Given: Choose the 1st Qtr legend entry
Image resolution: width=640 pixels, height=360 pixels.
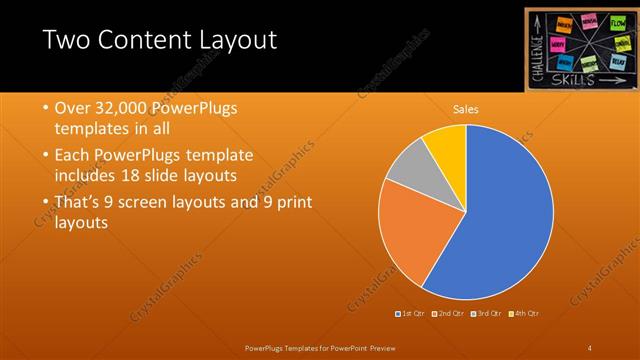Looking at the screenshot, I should (x=412, y=313).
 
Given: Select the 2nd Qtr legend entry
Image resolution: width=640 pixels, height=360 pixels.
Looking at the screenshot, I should (x=450, y=313).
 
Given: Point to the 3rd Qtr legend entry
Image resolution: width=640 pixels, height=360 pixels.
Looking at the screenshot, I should (x=487, y=313).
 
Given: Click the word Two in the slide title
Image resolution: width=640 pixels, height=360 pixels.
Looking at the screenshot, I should (x=70, y=41).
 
